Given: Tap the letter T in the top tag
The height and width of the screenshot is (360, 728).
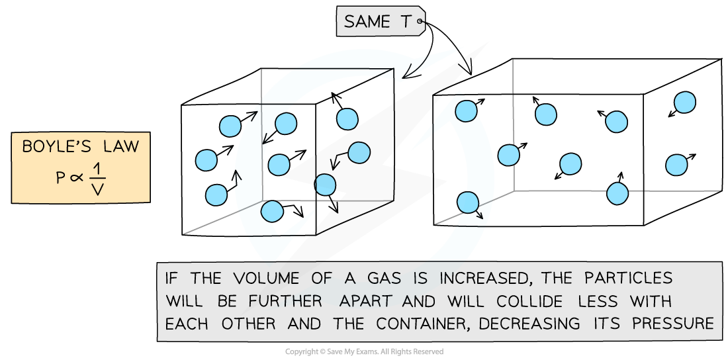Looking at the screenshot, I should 405,22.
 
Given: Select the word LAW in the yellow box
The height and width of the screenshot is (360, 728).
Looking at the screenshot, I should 118,146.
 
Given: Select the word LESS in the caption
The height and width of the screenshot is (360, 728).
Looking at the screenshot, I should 599,301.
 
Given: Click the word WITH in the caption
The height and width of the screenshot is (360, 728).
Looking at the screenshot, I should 653,301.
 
